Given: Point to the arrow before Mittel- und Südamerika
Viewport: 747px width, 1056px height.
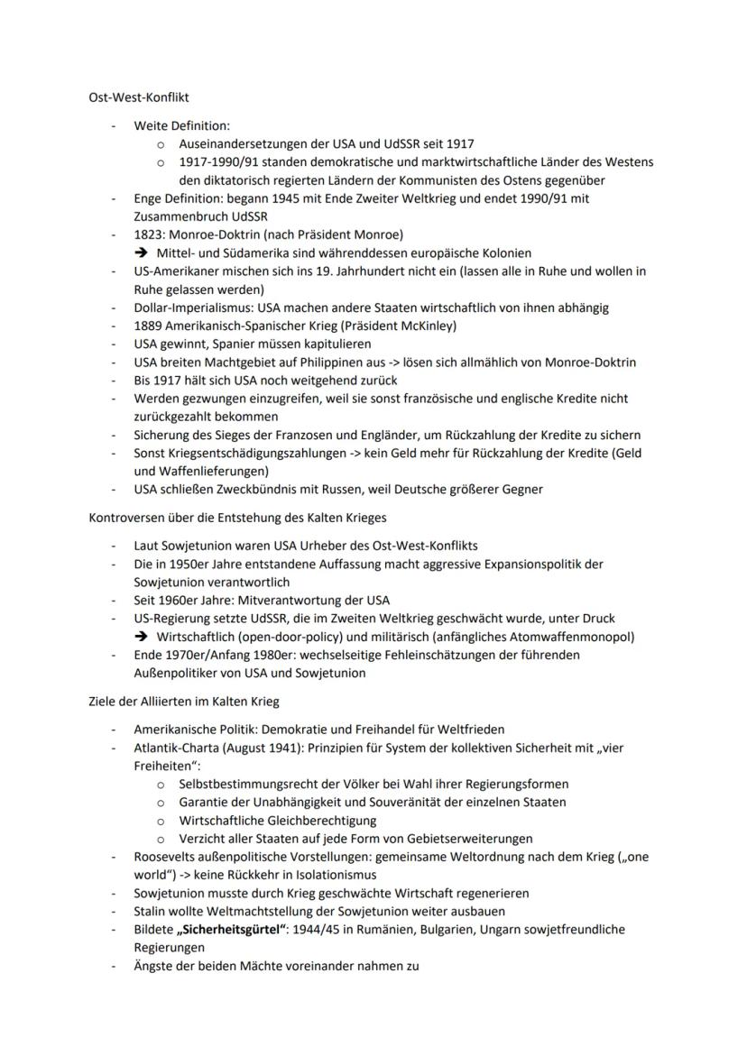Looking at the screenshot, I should [x=142, y=253].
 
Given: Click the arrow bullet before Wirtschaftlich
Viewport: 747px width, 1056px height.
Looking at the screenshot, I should [x=142, y=636].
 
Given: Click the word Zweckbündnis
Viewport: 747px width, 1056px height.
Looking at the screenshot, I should [x=247, y=489].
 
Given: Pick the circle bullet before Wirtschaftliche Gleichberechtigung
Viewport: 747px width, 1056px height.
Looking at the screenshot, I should [x=160, y=821].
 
